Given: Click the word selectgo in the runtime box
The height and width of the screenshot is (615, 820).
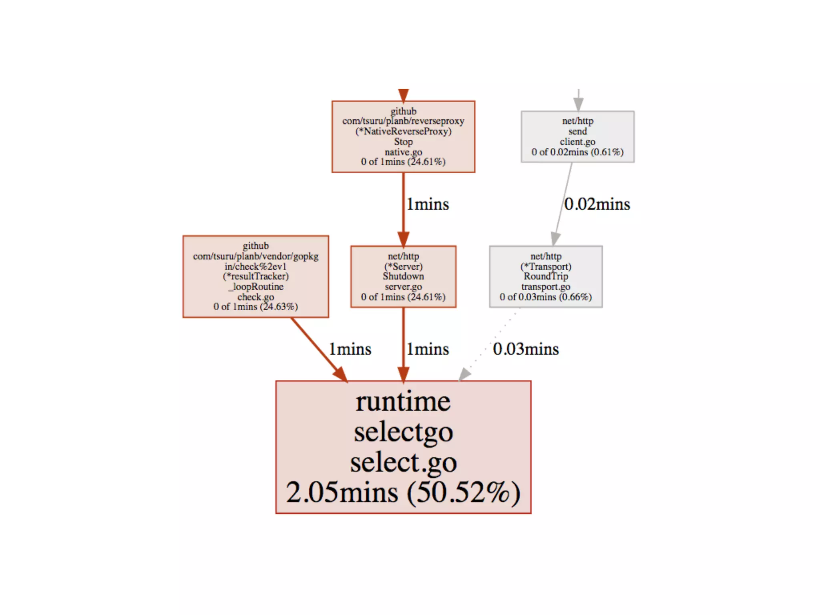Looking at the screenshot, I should coord(403,432).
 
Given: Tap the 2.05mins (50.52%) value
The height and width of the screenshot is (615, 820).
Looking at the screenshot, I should coord(403,492).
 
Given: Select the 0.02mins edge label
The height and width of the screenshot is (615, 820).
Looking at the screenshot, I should coord(597,204).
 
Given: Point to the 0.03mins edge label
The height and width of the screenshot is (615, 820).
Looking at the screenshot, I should coord(526,349).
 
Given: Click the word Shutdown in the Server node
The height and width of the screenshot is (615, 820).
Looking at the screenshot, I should coord(403,276).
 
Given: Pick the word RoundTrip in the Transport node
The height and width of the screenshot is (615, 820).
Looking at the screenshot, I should coord(546,276).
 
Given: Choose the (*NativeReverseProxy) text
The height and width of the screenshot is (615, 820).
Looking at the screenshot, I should coord(403,131).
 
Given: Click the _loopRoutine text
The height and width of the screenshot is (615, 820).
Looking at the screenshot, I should coord(256,287).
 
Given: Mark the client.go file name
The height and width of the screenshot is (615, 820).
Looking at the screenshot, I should coord(577,142).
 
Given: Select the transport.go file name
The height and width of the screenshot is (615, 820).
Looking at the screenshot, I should coord(546,287).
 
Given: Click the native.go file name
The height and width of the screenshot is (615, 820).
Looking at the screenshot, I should coord(403,152).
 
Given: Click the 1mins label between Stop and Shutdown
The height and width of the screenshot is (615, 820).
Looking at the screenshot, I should coord(428,204).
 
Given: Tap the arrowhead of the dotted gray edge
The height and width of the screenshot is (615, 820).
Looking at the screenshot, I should coord(464,374).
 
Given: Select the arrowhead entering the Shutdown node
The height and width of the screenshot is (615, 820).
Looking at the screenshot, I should coord(403,239).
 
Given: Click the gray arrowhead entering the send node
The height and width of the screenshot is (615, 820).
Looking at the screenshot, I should coord(578,104).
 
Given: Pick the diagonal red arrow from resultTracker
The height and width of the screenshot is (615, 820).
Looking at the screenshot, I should coord(316,347).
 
